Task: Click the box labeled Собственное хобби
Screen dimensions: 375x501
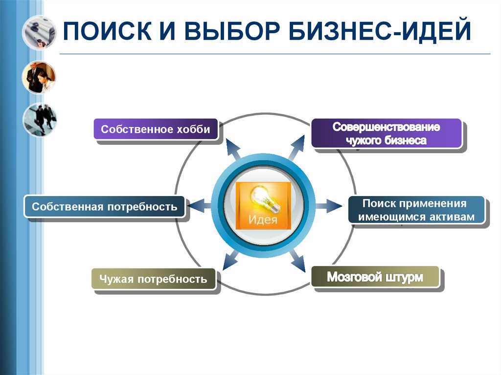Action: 156,130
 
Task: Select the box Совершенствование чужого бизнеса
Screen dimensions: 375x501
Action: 386,133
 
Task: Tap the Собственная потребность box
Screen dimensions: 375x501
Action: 104,206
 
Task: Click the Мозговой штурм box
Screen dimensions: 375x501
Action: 375,277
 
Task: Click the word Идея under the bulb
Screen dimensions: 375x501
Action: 263,220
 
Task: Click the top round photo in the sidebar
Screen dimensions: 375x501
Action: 39,32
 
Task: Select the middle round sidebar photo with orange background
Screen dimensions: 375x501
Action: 39,77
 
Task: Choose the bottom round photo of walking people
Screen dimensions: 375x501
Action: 39,119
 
